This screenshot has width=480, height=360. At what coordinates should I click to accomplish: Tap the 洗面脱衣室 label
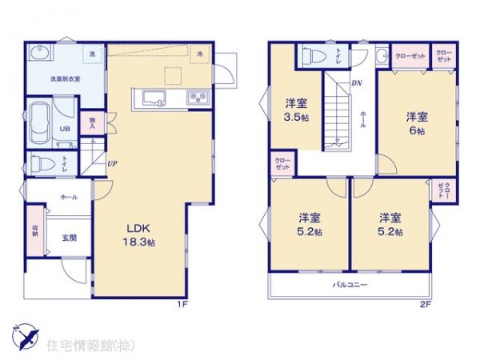[x=65, y=79]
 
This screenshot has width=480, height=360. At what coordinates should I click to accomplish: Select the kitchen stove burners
[x=197, y=99]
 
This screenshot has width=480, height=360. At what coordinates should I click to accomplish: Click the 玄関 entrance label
[x=69, y=236]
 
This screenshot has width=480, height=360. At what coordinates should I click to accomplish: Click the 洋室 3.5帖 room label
[x=296, y=110]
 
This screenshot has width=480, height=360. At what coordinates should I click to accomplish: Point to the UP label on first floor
[x=113, y=164]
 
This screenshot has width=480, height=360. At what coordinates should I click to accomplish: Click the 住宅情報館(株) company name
[x=81, y=347]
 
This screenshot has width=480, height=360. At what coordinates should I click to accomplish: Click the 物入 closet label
[x=93, y=122]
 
